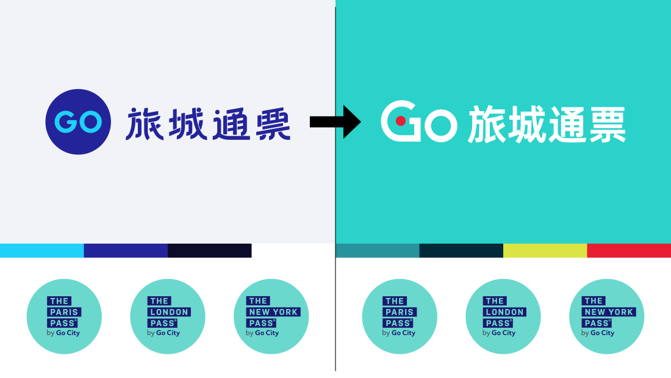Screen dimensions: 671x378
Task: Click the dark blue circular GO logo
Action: (78, 122)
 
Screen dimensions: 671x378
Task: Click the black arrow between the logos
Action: (335, 122)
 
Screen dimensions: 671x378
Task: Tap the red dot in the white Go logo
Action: (401, 121)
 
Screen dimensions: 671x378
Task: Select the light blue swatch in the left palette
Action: (41, 250)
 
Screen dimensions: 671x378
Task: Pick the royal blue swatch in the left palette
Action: (126, 250)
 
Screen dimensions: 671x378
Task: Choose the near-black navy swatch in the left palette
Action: (209, 250)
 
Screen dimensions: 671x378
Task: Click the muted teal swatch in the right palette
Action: (378, 250)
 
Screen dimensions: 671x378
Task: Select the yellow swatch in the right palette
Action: (545, 250)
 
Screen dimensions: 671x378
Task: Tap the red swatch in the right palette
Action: (629, 250)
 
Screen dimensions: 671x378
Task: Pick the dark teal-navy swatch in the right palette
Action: (461, 250)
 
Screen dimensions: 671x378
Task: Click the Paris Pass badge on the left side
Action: (64, 316)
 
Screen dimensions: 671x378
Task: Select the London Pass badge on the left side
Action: (168, 316)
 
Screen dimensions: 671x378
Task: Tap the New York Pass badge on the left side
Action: (271, 316)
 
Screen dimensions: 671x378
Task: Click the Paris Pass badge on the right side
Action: (400, 316)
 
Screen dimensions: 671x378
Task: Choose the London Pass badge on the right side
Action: (503, 316)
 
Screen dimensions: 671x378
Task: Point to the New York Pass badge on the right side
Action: (607, 316)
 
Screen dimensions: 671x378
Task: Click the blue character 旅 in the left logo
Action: (145, 123)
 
